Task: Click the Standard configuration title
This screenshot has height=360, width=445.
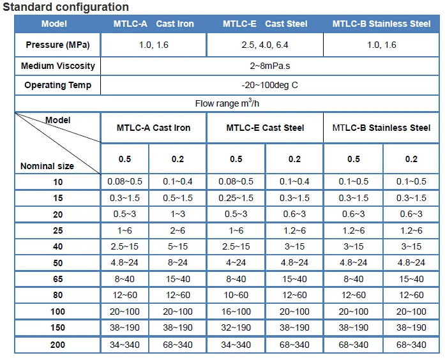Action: coord(66,8)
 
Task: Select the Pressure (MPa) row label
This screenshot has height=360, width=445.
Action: coord(57,45)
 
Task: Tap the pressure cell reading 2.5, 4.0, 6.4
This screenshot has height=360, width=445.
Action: coord(265,45)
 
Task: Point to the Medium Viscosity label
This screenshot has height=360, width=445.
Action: coord(57,66)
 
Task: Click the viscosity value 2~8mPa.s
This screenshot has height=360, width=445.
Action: coord(269,66)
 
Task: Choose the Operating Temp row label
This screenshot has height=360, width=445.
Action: coord(57,85)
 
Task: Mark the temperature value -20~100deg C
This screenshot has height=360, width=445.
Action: coord(269,85)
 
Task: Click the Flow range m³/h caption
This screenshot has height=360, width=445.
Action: coord(223,103)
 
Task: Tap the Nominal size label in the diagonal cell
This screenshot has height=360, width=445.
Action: coord(47,166)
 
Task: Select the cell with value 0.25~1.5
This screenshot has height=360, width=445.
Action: coord(236,198)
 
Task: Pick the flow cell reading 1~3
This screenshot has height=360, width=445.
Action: coord(177,214)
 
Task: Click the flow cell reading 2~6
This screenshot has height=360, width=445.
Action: coord(177,230)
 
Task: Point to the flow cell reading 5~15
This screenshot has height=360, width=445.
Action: coord(177,246)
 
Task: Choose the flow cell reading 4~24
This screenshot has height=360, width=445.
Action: coord(236,262)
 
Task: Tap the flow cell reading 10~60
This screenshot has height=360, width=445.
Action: coord(236,295)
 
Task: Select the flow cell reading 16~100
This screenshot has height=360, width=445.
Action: coord(236,311)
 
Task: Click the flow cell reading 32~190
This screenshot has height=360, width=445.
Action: coord(236,327)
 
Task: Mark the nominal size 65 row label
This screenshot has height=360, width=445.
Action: coord(57,279)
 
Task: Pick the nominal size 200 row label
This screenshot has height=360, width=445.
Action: coord(57,345)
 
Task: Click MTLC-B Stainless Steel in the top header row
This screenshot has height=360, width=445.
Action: coord(382,24)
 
